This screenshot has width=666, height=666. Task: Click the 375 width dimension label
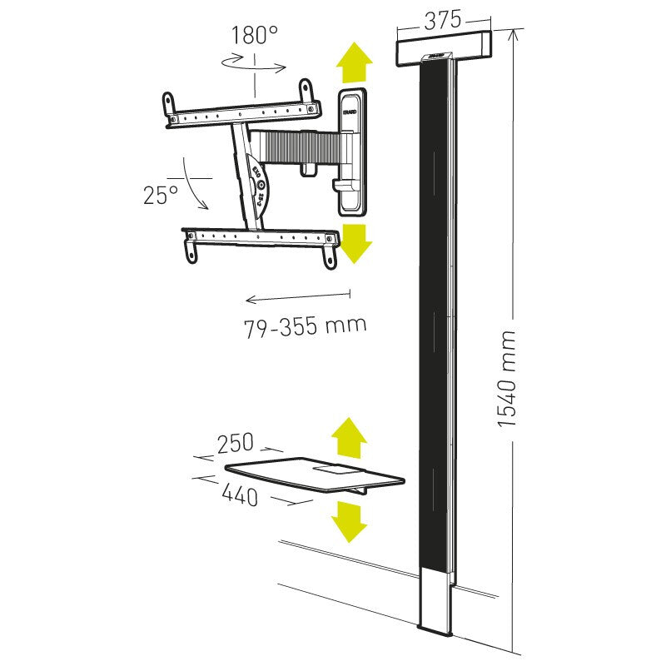(442, 22)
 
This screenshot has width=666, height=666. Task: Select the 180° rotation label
(255, 36)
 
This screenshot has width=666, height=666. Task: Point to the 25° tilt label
(161, 196)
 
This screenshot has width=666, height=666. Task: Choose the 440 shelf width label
(240, 496)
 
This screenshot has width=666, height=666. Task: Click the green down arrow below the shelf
(349, 520)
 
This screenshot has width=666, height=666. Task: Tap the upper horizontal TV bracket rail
(241, 111)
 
